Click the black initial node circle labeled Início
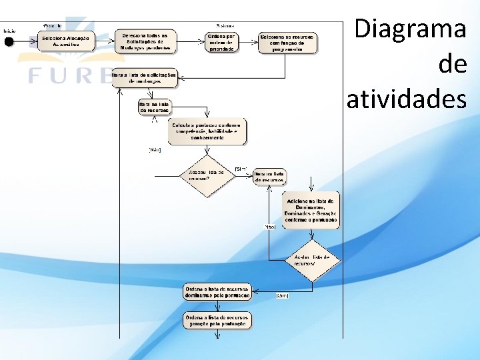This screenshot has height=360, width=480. tap(9, 41)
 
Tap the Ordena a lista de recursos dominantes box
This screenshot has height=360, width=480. tap(217, 291)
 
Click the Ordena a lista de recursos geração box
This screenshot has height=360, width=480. tap(217, 321)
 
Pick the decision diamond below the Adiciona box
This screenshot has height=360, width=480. tap(312, 259)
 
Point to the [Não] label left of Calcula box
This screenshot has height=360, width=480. tap(155, 150)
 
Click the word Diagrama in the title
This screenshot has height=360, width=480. tap(410, 29)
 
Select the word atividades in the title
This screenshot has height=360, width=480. tap(406, 99)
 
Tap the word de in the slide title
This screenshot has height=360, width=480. tap(453, 65)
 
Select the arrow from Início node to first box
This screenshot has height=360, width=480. tap(25, 41)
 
